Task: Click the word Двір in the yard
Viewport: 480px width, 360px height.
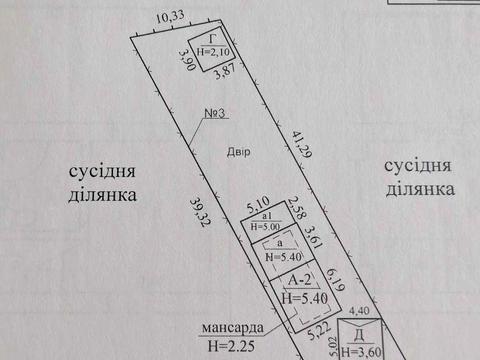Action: (237, 151)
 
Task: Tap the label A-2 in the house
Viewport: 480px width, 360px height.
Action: (292, 282)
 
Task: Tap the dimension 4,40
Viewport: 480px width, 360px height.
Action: (359, 311)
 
